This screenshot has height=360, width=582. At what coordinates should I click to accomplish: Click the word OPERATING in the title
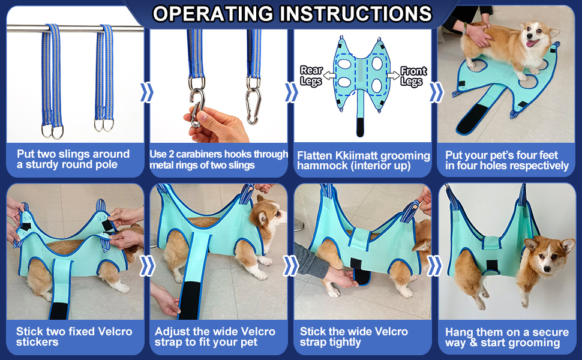click(x=213, y=14)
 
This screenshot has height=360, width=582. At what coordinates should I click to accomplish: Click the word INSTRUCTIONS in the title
click(x=356, y=14)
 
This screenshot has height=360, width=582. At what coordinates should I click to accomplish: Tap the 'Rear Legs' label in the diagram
click(x=311, y=76)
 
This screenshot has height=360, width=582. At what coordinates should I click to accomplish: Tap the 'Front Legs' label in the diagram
click(x=413, y=76)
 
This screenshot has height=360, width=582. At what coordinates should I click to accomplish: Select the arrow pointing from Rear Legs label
click(x=329, y=76)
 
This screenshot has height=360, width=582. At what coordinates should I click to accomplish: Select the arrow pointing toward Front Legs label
click(x=393, y=76)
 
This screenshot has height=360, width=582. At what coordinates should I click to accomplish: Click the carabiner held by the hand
click(x=197, y=107)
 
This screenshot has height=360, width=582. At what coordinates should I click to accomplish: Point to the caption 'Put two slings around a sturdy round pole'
click(x=73, y=159)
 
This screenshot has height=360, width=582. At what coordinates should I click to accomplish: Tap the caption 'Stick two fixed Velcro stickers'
click(x=74, y=337)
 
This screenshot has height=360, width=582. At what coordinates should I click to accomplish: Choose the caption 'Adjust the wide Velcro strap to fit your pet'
click(x=215, y=337)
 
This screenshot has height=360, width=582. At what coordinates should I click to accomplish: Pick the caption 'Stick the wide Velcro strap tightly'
click(x=354, y=337)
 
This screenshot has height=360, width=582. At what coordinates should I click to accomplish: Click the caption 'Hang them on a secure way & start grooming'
click(x=506, y=337)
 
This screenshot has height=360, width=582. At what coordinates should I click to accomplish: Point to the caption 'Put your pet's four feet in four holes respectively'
click(x=506, y=160)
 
